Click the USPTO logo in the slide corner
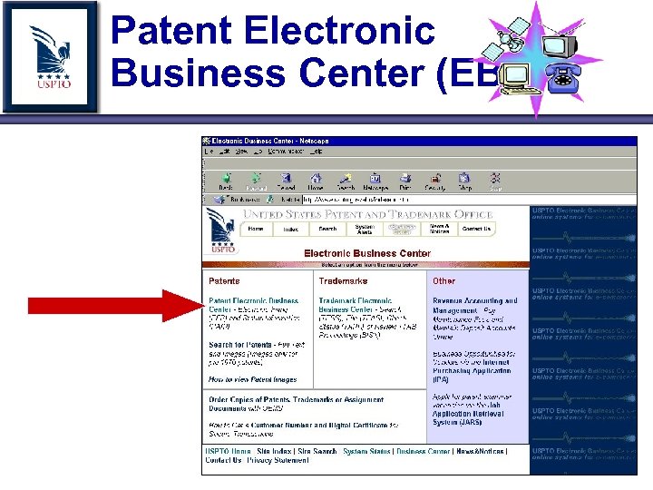pyautogui.click(x=50, y=56)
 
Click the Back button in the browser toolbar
pyautogui.click(x=226, y=181)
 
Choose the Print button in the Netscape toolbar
pyautogui.click(x=404, y=181)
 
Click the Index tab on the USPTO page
pyautogui.click(x=291, y=230)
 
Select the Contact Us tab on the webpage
pyautogui.click(x=476, y=230)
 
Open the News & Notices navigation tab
pyautogui.click(x=439, y=230)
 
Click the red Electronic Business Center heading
pyautogui.click(x=367, y=253)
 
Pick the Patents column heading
pyautogui.click(x=225, y=281)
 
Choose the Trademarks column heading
pyautogui.click(x=343, y=281)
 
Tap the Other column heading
pyautogui.click(x=444, y=281)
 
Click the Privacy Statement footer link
pyautogui.click(x=278, y=461)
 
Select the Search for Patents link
pyautogui.click(x=239, y=345)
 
